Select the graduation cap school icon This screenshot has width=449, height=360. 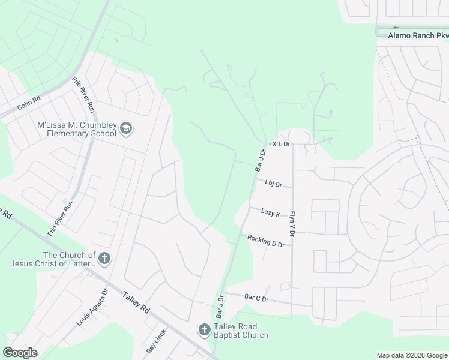[126, 128]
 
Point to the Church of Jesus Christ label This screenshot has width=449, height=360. [52, 259]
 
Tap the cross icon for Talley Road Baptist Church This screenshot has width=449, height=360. [204, 330]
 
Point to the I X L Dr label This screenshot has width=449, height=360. [280, 144]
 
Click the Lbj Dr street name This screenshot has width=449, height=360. [273, 183]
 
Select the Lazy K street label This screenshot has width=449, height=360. [270, 212]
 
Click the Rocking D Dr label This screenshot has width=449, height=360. [265, 241]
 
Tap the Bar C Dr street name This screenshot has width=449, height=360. [256, 298]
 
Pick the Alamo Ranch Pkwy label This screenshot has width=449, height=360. [418, 35]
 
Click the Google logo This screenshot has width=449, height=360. [20, 352]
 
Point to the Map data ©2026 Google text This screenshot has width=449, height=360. [411, 355]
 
